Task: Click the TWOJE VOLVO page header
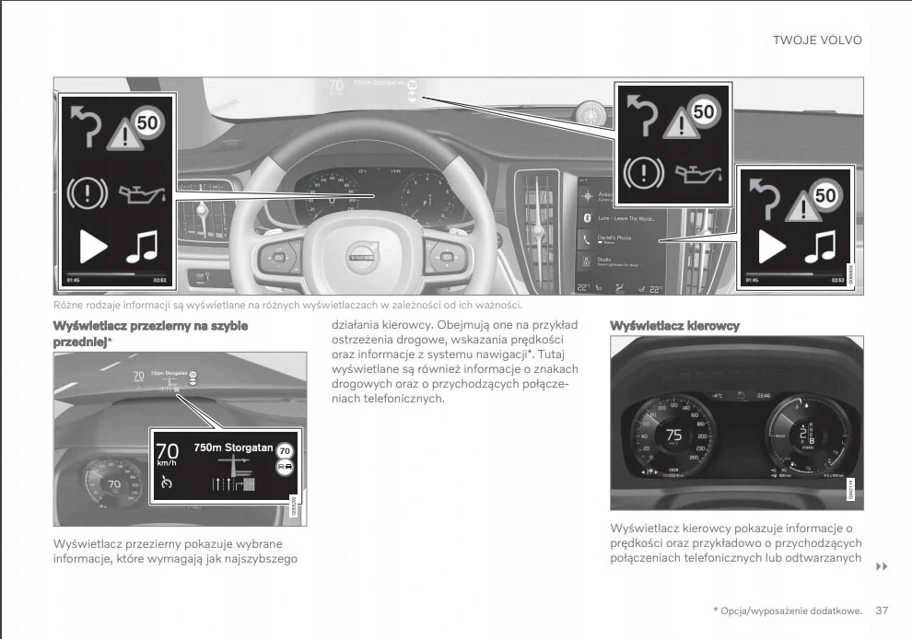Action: click(816, 41)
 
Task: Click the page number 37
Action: click(882, 610)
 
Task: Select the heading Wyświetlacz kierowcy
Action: click(674, 326)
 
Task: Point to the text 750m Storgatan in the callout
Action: click(233, 447)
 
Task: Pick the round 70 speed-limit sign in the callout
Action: click(286, 451)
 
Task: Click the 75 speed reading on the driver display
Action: click(674, 435)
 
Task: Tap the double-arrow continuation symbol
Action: click(881, 566)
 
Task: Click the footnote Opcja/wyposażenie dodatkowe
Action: click(790, 610)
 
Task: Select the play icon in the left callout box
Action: click(92, 247)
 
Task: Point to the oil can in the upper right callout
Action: click(701, 171)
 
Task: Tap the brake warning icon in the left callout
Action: click(89, 193)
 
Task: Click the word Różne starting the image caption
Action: click(68, 305)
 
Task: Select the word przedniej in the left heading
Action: click(79, 342)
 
